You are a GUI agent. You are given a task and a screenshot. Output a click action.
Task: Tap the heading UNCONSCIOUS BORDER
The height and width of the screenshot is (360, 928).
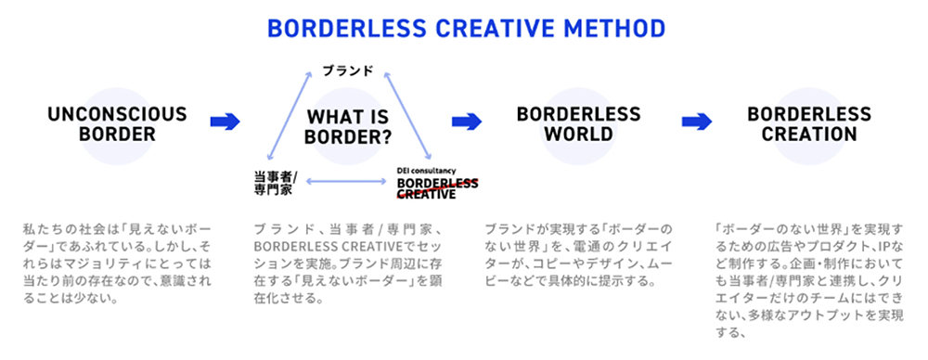(x=117, y=123)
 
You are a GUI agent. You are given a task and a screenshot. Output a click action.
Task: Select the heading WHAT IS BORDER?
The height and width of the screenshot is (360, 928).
(x=348, y=128)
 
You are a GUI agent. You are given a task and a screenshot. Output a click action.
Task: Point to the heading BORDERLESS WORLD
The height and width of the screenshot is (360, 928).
(x=578, y=123)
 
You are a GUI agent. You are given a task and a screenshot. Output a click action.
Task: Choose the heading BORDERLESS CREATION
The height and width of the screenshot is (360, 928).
(x=809, y=123)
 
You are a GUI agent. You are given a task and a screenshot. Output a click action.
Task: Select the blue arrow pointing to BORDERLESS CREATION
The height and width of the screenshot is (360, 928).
(x=696, y=122)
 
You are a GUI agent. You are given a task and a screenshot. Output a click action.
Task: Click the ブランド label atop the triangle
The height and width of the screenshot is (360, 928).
(x=348, y=70)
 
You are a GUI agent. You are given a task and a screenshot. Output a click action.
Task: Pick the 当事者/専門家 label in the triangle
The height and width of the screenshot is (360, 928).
(x=276, y=181)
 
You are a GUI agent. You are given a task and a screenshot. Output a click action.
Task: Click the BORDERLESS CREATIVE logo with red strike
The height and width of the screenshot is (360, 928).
(x=436, y=188)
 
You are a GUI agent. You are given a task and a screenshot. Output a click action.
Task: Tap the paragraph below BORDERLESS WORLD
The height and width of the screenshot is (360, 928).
(x=578, y=253)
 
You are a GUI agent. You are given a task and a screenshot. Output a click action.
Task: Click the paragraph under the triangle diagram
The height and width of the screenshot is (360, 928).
(x=348, y=264)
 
